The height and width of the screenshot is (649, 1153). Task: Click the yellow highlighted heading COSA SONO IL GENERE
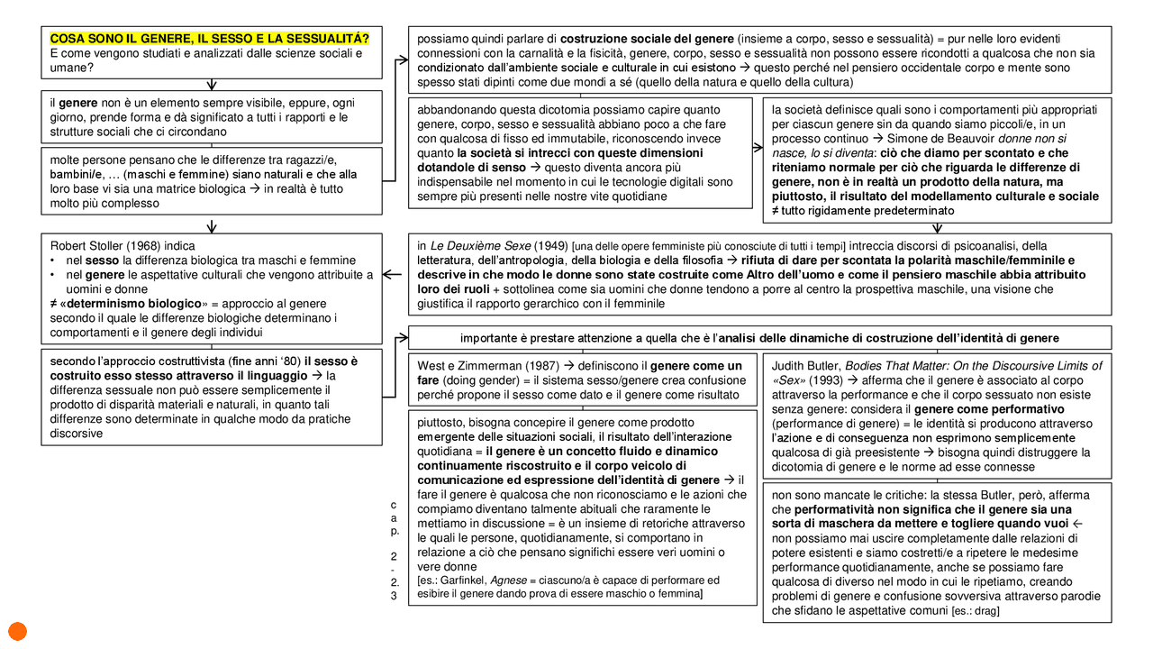[x=209, y=39]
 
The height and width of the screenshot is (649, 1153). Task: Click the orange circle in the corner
[x=16, y=632]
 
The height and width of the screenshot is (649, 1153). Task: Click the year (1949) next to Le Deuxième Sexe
[x=551, y=245]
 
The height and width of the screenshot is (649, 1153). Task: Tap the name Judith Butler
[x=807, y=365]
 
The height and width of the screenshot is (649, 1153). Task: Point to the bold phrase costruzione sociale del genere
[x=646, y=39]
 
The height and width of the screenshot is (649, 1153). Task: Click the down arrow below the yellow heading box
[x=212, y=85]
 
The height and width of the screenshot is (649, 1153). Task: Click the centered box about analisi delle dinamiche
[x=758, y=337]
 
